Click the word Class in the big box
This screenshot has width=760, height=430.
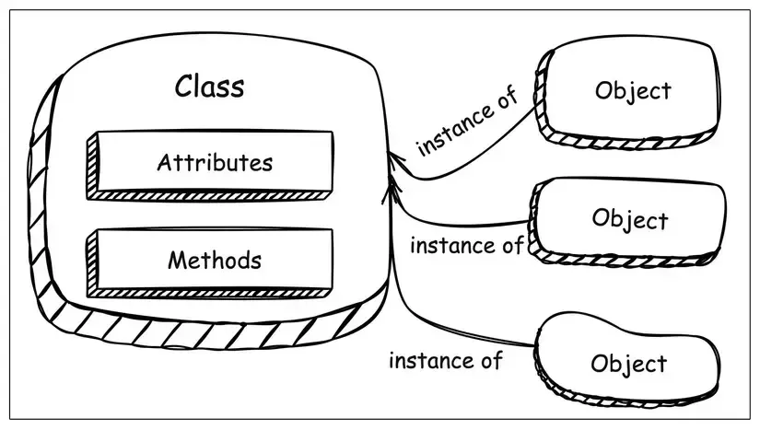tap(209, 87)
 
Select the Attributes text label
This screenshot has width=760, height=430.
tap(215, 163)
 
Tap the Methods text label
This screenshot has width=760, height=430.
tap(214, 261)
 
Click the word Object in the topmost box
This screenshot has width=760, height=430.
tap(633, 91)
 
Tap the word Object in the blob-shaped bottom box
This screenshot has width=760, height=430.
tap(629, 363)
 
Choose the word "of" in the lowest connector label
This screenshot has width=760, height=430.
tap(490, 359)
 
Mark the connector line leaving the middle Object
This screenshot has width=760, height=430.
tap(461, 222)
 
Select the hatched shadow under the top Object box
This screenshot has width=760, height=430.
tap(626, 138)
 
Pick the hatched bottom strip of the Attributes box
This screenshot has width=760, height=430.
tap(212, 196)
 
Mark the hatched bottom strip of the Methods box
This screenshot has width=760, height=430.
tap(212, 293)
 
